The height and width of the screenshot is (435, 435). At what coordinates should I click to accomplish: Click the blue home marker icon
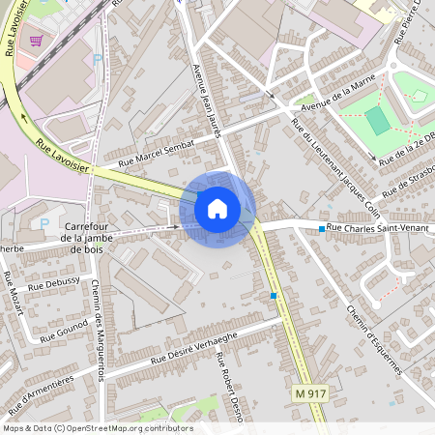[217, 208]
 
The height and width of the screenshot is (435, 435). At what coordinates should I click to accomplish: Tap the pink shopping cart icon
[37, 41]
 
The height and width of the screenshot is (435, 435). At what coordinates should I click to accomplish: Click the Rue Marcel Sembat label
[157, 154]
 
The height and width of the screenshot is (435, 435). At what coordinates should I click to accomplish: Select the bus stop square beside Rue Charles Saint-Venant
[322, 229]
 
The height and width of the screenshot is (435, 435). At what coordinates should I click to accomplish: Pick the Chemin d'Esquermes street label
[372, 337]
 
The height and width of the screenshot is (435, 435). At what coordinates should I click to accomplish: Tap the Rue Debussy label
[54, 286]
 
